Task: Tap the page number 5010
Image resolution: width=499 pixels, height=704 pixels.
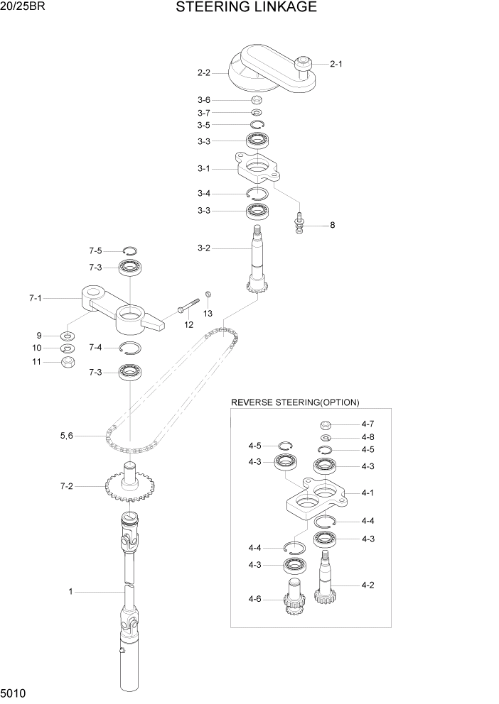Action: pyautogui.click(x=14, y=691)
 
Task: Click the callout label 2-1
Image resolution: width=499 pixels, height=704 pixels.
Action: pyautogui.click(x=336, y=64)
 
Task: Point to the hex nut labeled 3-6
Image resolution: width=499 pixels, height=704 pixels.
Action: pyautogui.click(x=257, y=100)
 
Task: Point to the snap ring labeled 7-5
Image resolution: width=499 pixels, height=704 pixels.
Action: pyautogui.click(x=129, y=250)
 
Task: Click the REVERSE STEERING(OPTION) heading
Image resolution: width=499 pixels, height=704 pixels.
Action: pyautogui.click(x=295, y=402)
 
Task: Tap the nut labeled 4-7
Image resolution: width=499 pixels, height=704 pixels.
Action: pyautogui.click(x=323, y=425)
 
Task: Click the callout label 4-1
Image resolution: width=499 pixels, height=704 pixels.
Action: pyautogui.click(x=367, y=493)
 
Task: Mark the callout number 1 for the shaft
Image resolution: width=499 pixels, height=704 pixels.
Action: pyautogui.click(x=70, y=591)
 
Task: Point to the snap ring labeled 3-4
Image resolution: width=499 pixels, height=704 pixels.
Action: pyautogui.click(x=256, y=194)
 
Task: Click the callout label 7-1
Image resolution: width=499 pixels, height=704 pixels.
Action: pyautogui.click(x=35, y=299)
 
